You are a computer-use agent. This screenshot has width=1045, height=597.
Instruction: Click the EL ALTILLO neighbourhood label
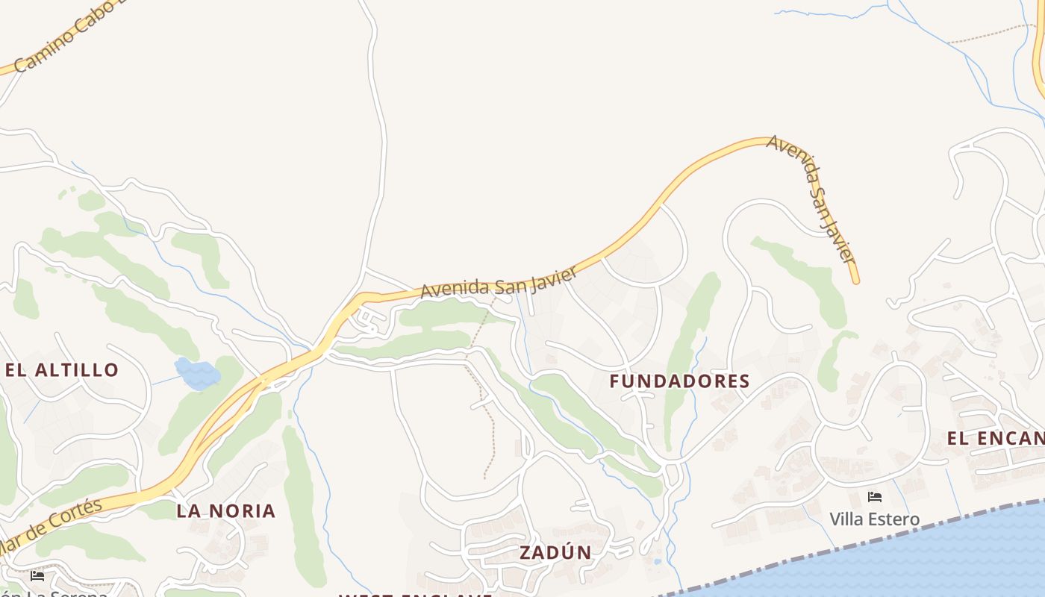[x=62, y=370]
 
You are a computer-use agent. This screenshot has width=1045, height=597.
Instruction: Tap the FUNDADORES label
[x=679, y=381]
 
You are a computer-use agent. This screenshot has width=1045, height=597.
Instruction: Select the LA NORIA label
[x=226, y=511]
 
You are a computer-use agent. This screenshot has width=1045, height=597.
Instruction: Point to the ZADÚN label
[x=555, y=553]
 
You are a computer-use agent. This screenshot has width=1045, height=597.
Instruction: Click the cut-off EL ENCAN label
[x=995, y=439]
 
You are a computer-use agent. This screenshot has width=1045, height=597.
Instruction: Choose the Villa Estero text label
[x=874, y=519]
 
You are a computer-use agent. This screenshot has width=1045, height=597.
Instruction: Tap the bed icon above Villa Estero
[x=875, y=497]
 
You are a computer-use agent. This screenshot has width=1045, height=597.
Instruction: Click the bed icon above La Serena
[x=37, y=575]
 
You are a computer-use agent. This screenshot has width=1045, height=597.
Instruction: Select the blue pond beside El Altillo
[x=197, y=373]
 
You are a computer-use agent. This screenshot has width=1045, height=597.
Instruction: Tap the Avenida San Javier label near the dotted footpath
[x=499, y=282]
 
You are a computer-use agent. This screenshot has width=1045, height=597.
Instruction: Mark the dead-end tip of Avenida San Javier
[x=856, y=281]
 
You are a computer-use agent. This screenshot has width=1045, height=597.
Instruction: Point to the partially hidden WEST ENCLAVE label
[x=415, y=594]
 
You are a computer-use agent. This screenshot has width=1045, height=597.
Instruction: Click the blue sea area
[x=933, y=560]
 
